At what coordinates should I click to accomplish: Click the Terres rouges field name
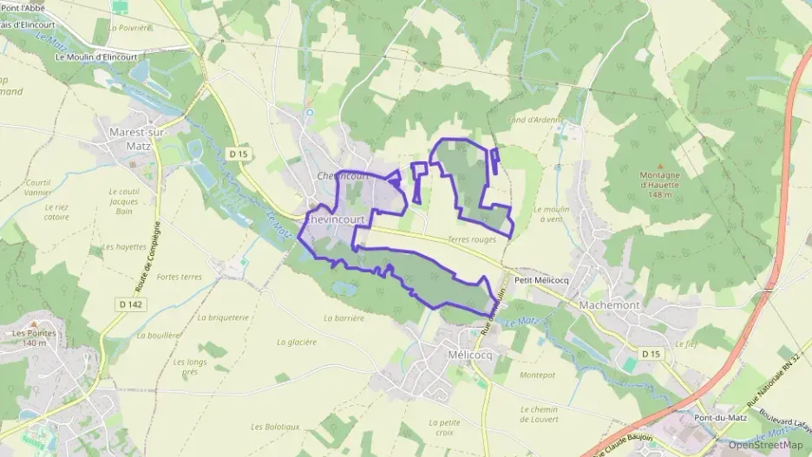coord(472,239)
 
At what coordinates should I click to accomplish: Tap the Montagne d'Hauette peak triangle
coord(660,166)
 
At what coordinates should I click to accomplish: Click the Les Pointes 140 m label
coord(35,338)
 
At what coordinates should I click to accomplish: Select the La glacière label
coord(296,342)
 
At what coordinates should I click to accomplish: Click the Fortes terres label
coord(180,277)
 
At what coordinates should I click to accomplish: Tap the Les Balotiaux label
coord(275,427)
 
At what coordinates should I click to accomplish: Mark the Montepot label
coord(536,375)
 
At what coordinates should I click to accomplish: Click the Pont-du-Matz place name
coord(716,418)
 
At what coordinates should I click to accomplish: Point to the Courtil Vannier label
coord(38,187)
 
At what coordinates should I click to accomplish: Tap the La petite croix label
coord(441,427)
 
